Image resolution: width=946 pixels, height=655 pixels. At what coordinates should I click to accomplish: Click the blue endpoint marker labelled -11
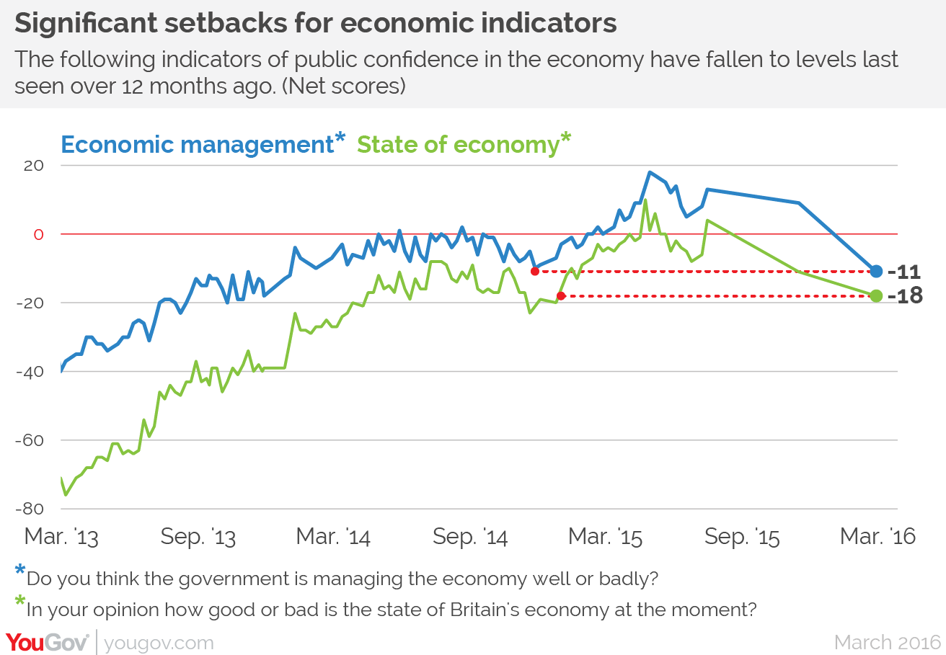click(876, 272)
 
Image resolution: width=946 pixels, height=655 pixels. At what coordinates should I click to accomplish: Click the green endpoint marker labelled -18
click(876, 295)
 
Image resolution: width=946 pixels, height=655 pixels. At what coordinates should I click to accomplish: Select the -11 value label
click(904, 272)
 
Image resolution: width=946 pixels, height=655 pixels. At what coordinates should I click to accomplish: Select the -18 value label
click(905, 296)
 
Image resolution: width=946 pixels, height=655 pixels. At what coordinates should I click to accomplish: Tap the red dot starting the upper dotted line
click(534, 271)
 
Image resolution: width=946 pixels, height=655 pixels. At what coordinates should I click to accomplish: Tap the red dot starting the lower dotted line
click(560, 295)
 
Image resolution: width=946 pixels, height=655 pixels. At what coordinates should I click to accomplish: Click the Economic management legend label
click(196, 145)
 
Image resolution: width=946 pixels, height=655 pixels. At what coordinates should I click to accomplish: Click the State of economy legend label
click(458, 145)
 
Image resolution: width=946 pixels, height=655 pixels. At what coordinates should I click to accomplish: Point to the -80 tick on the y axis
click(30, 509)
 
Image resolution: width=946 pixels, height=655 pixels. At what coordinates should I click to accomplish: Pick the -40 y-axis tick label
click(30, 372)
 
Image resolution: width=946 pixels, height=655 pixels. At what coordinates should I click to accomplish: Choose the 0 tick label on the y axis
click(39, 234)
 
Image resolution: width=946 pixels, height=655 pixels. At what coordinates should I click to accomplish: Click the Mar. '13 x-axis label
click(61, 538)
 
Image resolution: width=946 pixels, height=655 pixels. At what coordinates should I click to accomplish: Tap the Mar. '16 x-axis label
click(878, 538)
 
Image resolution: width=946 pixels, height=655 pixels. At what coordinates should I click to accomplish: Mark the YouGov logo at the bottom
click(48, 641)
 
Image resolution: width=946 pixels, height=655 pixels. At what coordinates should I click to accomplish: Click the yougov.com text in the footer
click(159, 643)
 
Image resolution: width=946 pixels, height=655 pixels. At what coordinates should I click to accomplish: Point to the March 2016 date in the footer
click(888, 642)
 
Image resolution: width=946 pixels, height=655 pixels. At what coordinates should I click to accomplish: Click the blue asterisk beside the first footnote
click(20, 571)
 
